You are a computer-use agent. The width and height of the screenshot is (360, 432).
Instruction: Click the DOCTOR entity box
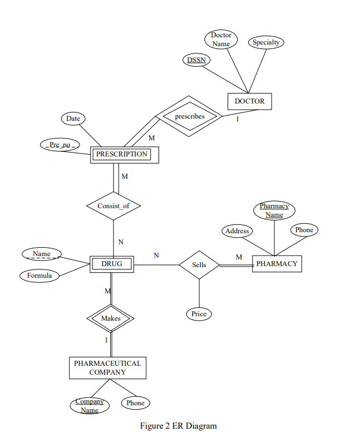[249, 101]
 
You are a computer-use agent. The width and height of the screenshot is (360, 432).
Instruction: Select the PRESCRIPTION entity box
[124, 154]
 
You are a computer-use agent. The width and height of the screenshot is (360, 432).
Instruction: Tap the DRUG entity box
[112, 264]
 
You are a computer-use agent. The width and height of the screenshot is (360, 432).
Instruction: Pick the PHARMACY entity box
[277, 264]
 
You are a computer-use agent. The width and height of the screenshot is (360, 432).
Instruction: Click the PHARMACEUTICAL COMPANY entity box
[107, 367]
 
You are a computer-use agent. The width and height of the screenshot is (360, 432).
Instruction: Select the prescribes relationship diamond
[189, 116]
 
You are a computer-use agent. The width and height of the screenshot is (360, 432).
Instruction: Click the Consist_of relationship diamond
[114, 206]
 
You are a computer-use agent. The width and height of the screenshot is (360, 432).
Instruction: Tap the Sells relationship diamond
[199, 265]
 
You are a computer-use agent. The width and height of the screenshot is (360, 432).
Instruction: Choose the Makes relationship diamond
[111, 318]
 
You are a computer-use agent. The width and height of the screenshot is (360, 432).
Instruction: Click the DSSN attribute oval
[195, 60]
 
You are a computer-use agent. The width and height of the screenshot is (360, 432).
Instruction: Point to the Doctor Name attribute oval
[221, 40]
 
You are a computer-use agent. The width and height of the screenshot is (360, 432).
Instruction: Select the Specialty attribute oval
[266, 42]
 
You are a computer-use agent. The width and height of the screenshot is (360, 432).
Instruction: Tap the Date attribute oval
[73, 119]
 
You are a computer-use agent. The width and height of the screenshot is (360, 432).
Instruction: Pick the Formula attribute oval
[40, 276]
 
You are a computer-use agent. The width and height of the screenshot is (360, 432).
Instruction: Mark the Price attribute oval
[199, 314]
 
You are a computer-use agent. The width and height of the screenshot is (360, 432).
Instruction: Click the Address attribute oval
[237, 231]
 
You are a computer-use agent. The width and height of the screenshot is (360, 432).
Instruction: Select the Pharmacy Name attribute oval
[274, 210]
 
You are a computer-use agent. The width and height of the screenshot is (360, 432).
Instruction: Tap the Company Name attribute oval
[90, 405]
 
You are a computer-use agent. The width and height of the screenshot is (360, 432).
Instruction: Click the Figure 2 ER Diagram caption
[179, 426]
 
